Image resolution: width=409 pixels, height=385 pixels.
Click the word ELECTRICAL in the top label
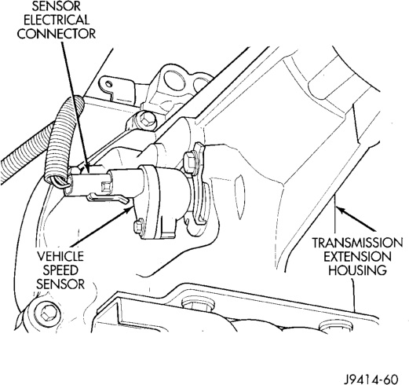click(x=57, y=20)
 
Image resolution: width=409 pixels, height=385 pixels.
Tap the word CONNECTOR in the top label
click(x=57, y=34)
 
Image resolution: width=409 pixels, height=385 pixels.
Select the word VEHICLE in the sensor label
click(x=60, y=256)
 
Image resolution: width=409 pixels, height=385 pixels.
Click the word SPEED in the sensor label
click(x=60, y=270)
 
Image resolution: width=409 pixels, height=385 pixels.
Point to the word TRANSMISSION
click(x=357, y=243)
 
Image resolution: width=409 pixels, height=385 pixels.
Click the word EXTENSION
click(x=357, y=256)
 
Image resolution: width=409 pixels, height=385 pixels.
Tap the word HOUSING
click(x=357, y=270)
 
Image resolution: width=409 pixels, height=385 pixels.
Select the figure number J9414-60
click(x=371, y=379)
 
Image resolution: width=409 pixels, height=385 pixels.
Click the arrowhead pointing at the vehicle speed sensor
click(x=130, y=209)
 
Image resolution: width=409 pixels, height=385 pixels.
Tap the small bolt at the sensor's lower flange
click(x=138, y=225)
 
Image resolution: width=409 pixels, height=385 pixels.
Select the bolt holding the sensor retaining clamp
click(x=190, y=162)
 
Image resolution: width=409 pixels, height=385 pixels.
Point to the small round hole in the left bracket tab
click(x=108, y=83)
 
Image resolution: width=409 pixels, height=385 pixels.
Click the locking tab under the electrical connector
click(x=108, y=198)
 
